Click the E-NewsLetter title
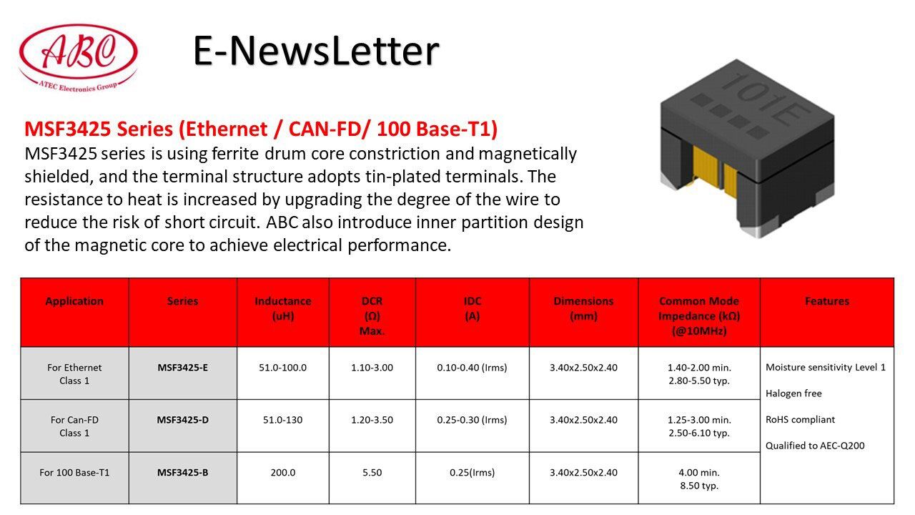[316, 51]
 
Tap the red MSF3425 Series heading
[261, 129]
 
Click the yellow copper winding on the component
[713, 170]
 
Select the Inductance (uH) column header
[282, 308]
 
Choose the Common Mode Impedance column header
[699, 316]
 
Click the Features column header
[827, 301]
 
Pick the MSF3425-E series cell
[182, 368]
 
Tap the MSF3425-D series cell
[182, 420]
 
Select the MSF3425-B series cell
[182, 473]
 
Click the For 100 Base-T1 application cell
[74, 473]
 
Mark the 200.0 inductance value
[282, 473]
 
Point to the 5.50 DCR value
[372, 473]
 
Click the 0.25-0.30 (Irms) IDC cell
[472, 420]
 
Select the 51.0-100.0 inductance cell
[282, 368]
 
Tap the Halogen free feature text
[793, 393]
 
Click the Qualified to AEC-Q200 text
[815, 446]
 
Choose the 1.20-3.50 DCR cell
[372, 420]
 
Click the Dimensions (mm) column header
[583, 308]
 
